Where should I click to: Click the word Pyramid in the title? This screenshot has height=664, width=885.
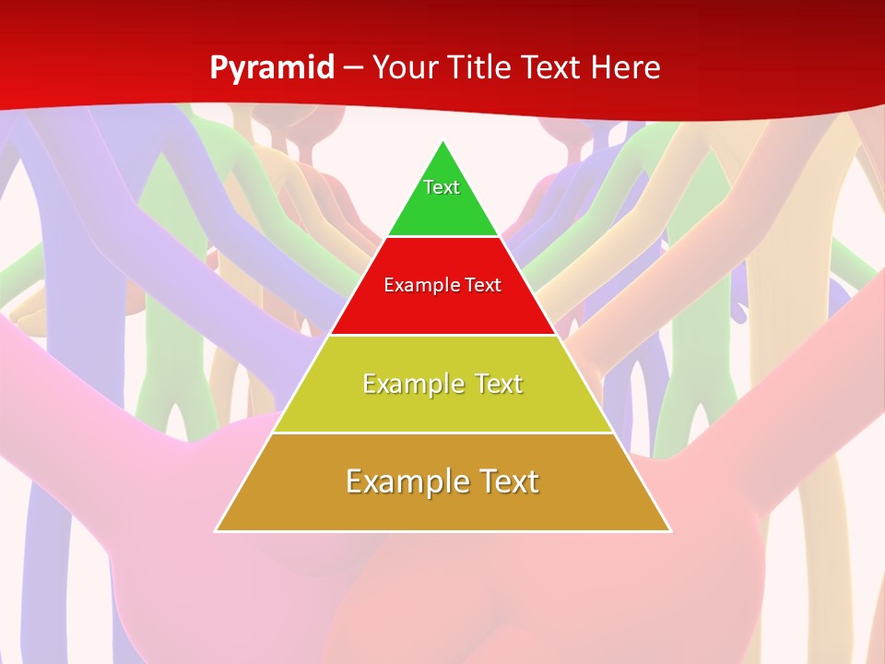271,68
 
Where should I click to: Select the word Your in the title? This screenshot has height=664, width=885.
406,67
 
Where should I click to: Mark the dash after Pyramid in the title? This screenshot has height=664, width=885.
352,68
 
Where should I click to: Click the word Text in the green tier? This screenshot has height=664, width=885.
442,187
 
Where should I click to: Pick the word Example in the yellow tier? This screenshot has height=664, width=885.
409,384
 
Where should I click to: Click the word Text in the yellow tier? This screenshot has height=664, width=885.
499,384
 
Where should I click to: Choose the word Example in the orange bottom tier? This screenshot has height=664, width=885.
402,481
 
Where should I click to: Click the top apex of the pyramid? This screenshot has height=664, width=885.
442,140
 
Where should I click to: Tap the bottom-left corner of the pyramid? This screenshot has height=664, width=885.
216,530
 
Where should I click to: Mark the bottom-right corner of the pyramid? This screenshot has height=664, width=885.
670,530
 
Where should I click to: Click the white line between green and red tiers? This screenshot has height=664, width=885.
442,237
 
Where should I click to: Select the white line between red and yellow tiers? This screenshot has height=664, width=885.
442,335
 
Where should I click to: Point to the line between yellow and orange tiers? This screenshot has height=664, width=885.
442,433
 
